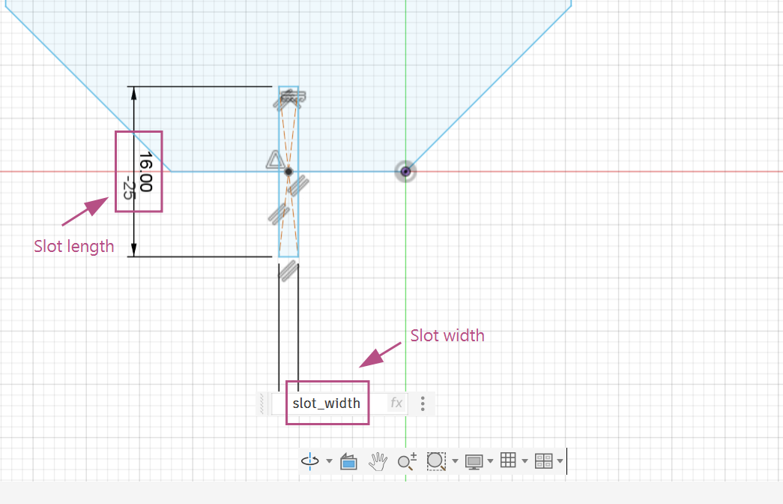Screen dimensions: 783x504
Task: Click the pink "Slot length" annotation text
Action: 74,247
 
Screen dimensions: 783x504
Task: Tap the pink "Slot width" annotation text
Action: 447,335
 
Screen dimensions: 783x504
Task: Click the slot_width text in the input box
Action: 326,403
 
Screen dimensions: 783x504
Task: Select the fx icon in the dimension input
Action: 396,403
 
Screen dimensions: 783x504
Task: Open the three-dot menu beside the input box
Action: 423,403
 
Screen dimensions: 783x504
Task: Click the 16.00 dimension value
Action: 145,172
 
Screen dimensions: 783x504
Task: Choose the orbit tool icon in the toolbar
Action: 310,460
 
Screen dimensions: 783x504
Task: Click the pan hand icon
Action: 378,460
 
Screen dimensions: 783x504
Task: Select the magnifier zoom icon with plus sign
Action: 407,461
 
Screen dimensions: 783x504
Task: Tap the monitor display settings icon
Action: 474,461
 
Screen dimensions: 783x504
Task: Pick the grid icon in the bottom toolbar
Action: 508,460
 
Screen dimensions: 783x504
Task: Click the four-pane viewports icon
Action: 543,460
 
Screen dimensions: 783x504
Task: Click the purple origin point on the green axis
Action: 405,172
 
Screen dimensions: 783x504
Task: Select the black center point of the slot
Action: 288,172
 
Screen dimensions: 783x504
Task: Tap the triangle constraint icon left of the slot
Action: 274,160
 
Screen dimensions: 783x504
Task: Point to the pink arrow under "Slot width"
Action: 380,355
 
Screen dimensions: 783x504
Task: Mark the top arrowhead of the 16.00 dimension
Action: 133,93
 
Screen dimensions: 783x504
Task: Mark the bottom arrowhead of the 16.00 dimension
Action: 133,250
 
